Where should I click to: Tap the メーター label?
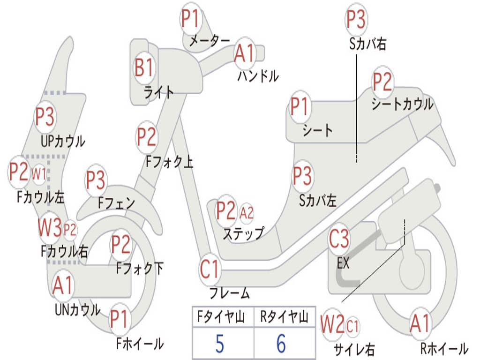tap(209, 41)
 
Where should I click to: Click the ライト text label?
tap(159, 92)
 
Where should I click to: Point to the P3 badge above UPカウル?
tap(45, 117)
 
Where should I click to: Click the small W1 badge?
tap(39, 174)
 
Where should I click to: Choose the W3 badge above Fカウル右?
tap(50, 228)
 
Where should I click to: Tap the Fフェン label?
tap(117, 203)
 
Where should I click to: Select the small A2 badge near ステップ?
tap(247, 213)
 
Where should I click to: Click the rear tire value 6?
tap(281, 344)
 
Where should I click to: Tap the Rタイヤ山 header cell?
tap(284, 317)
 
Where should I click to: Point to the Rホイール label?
tap(444, 349)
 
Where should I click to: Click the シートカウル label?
tap(402, 104)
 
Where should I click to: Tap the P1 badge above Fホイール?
tap(120, 320)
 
